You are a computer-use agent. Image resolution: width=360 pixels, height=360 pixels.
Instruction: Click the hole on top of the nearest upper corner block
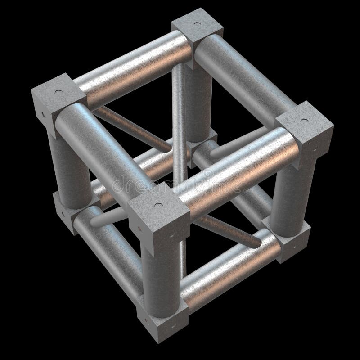(158, 204)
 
